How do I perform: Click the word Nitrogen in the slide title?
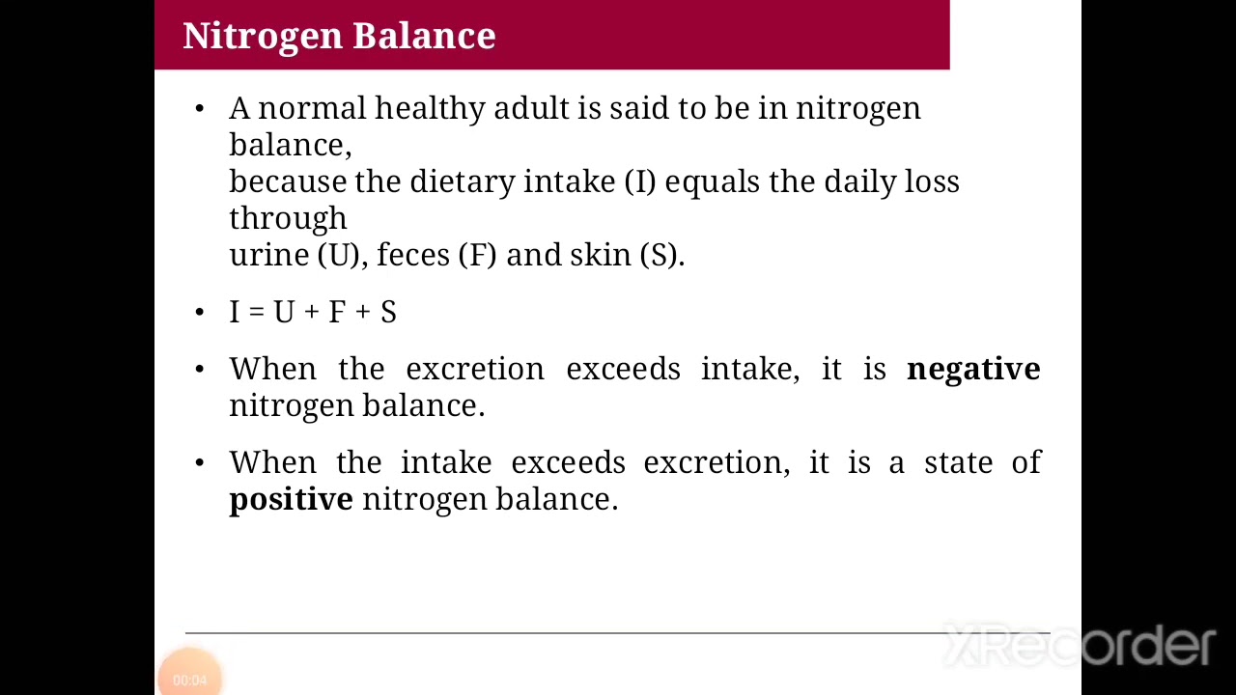click(x=263, y=36)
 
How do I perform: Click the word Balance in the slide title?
click(x=424, y=36)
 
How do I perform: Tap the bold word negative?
click(x=973, y=369)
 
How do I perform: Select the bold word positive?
click(x=291, y=499)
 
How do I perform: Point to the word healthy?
click(x=429, y=108)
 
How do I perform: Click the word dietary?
click(x=462, y=181)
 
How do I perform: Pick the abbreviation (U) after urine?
click(x=338, y=255)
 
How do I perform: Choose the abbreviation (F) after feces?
click(x=478, y=255)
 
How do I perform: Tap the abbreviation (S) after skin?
click(x=661, y=255)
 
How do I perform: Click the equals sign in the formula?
click(x=256, y=313)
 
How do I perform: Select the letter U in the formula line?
click(x=283, y=312)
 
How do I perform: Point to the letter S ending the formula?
click(x=388, y=312)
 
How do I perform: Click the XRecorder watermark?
click(x=1079, y=645)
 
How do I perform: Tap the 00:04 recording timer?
click(x=189, y=680)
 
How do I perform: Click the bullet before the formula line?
click(x=200, y=312)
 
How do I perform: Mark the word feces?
click(x=412, y=255)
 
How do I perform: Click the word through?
click(x=288, y=219)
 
